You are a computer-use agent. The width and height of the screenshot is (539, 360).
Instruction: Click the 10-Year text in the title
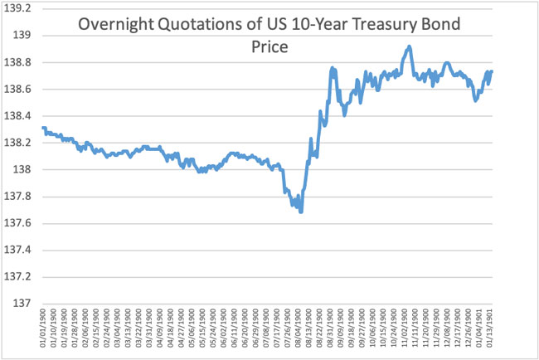(296, 25)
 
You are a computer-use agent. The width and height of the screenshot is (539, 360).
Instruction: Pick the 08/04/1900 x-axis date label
(300, 330)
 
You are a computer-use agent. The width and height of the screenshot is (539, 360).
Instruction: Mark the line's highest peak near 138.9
(409, 46)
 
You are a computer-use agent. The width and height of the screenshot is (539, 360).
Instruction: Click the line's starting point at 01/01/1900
(42, 128)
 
